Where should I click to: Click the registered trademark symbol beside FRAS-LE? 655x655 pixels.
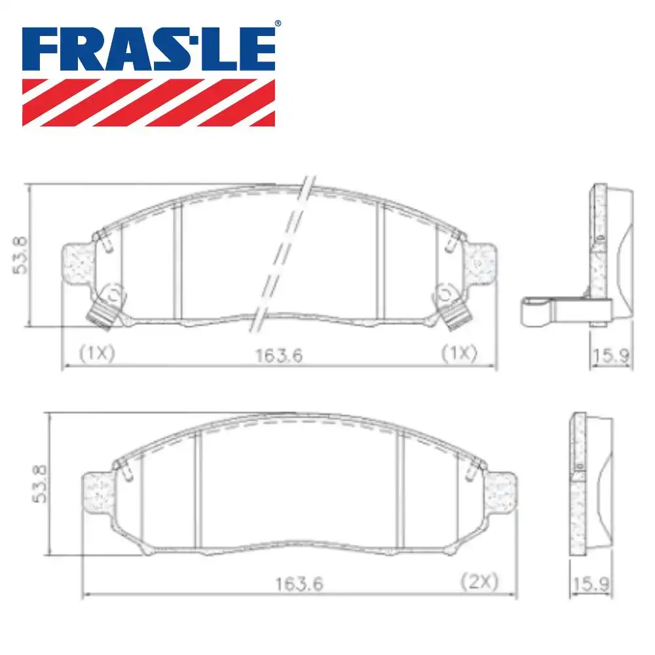tap(277, 24)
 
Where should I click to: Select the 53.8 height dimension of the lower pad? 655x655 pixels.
tap(41, 483)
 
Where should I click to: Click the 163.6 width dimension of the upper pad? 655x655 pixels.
tap(278, 355)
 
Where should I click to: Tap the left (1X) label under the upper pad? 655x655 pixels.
tap(97, 353)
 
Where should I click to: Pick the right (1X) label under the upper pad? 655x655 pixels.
tap(458, 353)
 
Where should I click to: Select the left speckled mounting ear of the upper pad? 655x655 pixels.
tap(78, 265)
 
